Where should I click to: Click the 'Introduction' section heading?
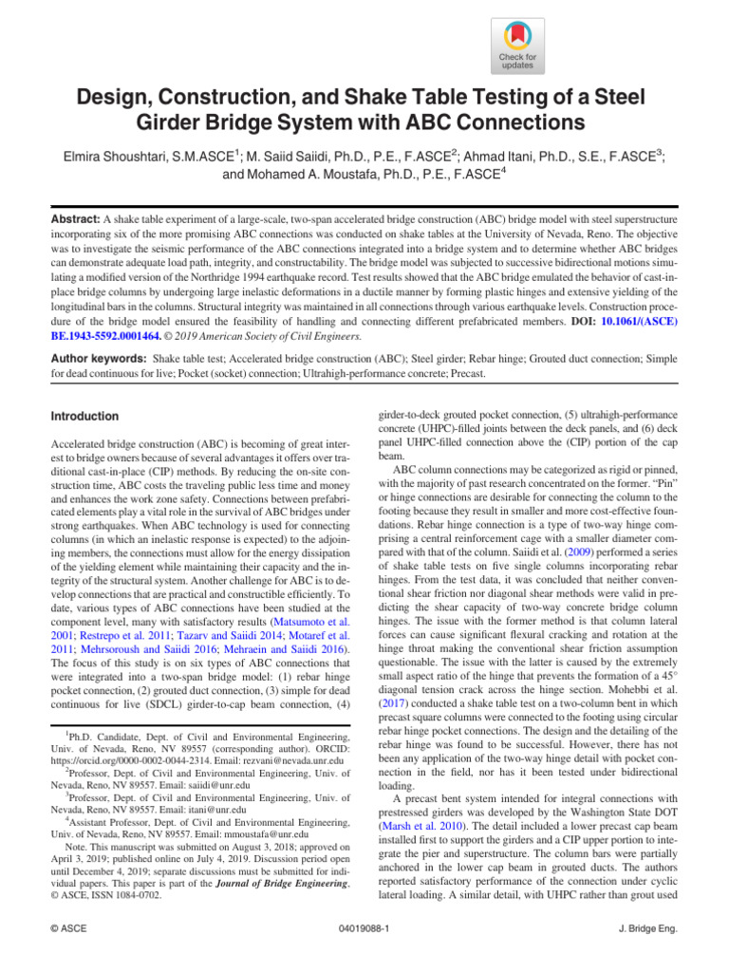pos(84,417)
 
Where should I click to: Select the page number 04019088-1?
pos(364,931)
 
